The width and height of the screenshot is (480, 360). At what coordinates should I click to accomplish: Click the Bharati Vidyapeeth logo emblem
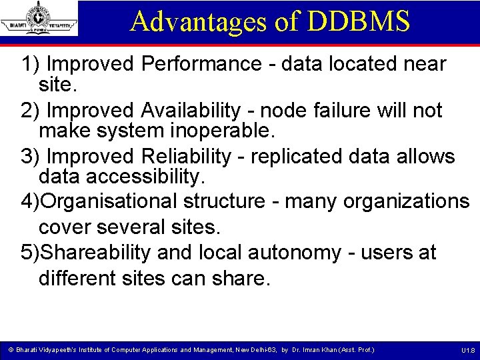[x=39, y=18]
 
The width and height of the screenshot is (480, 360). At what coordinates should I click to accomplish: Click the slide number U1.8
[x=467, y=351]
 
